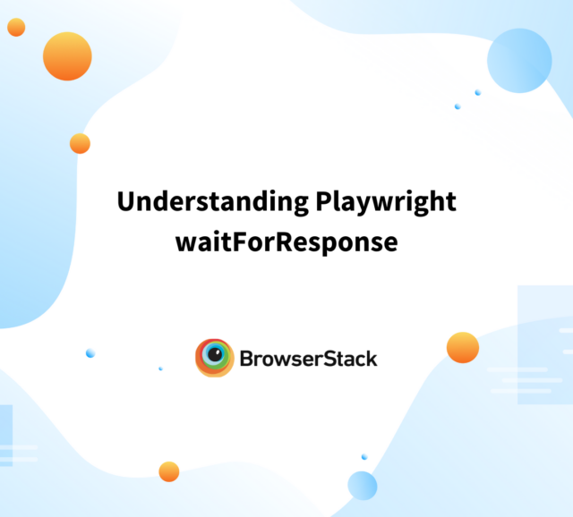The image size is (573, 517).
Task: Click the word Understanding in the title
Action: [x=213, y=202]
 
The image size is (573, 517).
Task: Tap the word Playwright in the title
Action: [x=386, y=202]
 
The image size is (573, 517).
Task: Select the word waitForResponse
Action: [x=286, y=242]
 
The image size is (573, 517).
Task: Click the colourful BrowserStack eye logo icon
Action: [x=215, y=358]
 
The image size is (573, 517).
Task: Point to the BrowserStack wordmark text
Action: [x=308, y=359]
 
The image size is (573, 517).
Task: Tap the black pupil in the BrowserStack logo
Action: [x=215, y=354]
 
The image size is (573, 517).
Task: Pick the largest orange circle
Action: [x=67, y=56]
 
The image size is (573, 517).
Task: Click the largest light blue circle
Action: [x=519, y=61]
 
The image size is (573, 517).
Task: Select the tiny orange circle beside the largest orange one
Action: [x=16, y=27]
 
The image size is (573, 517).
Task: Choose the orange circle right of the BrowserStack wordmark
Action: [x=463, y=348]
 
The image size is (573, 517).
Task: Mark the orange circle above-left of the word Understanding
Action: [x=80, y=143]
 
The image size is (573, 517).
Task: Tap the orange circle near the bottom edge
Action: [x=169, y=471]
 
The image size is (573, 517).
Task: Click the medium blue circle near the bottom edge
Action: [x=362, y=486]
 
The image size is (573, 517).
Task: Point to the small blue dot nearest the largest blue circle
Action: [x=477, y=93]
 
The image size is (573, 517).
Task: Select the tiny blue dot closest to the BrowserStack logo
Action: [x=160, y=369]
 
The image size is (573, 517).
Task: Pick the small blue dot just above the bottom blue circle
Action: [x=364, y=457]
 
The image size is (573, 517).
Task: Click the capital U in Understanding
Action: [x=125, y=201]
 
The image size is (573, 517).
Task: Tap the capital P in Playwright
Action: [x=323, y=201]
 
